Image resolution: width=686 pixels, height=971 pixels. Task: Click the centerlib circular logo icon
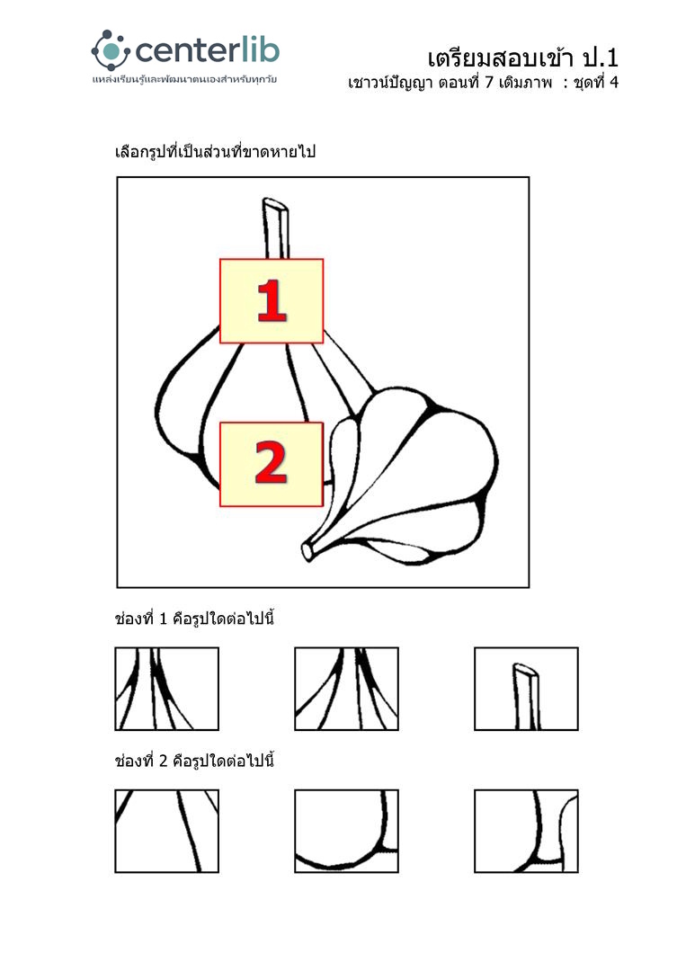111,50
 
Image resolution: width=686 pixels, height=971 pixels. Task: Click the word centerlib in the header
207,50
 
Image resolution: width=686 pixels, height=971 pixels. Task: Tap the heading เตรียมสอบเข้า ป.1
522,58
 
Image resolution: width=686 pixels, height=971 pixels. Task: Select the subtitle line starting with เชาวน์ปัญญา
483,83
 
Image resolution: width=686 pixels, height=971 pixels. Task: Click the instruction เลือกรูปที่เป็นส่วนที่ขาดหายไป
215,151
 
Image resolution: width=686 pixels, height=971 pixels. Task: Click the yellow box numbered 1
272,301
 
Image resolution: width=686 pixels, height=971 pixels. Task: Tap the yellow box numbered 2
272,465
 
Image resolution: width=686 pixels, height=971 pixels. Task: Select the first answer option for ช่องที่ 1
166,689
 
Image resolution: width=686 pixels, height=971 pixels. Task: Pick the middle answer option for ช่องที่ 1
346,689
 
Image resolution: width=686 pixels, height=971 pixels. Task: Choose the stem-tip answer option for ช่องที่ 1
526,689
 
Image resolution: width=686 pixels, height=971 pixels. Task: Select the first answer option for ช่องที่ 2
166,831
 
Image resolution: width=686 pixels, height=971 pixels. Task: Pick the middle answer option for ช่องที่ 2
346,831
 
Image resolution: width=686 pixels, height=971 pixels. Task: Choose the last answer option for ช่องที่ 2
526,831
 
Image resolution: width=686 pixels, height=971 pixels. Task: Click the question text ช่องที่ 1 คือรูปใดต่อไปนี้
194,619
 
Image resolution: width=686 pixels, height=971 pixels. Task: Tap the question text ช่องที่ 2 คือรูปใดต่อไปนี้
194,761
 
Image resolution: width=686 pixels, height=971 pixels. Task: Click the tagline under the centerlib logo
184,80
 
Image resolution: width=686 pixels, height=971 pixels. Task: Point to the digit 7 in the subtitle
488,83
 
